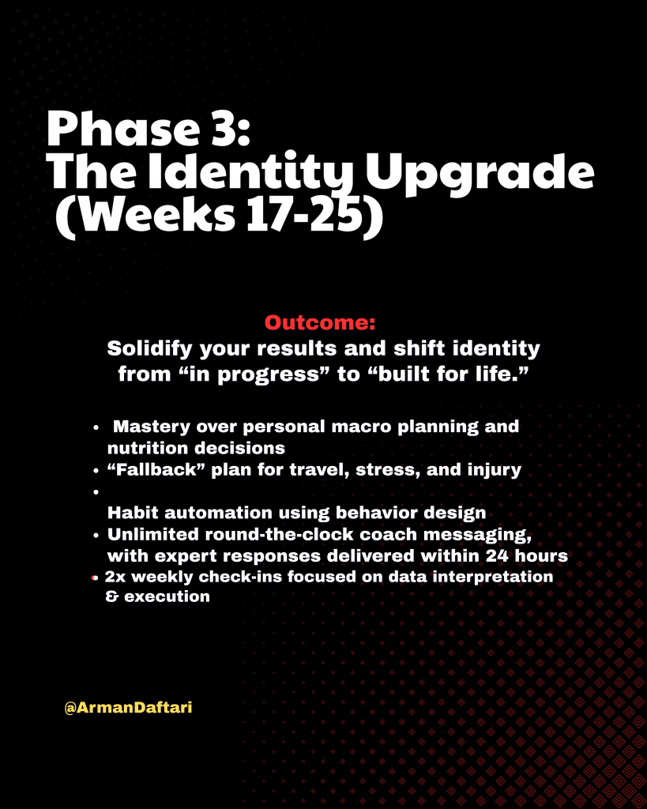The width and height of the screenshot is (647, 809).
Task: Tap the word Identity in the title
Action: (x=251, y=173)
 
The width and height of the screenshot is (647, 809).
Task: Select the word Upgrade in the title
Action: (x=480, y=175)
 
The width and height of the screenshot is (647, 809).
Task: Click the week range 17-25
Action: (x=303, y=215)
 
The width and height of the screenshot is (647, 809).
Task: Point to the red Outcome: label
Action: (x=320, y=323)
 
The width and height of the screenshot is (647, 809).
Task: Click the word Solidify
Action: (x=149, y=349)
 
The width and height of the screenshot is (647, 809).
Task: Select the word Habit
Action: (x=132, y=513)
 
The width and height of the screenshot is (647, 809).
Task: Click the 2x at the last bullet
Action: (x=115, y=577)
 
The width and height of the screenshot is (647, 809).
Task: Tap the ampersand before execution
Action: (x=112, y=597)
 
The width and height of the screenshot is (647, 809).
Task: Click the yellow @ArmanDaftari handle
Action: (x=129, y=707)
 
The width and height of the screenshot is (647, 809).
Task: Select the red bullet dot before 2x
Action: (x=93, y=578)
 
